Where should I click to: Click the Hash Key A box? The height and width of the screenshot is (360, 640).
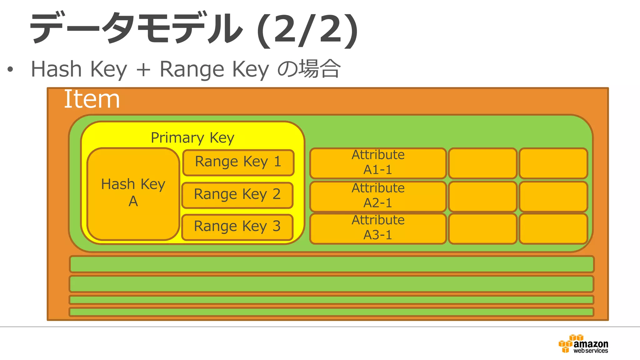click(133, 194)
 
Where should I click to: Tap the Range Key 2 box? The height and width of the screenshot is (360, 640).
click(237, 195)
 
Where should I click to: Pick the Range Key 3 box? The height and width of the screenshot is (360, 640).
click(237, 227)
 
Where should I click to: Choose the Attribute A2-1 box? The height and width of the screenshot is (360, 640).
click(378, 196)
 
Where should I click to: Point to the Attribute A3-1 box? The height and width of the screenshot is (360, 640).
click(378, 228)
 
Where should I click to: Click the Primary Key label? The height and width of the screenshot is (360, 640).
click(192, 138)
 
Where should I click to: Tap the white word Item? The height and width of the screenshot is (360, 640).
click(92, 99)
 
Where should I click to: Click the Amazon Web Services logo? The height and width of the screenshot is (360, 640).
click(583, 344)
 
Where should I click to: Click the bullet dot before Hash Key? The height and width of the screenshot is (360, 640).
click(10, 69)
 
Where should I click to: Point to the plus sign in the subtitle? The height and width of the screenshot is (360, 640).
click(143, 69)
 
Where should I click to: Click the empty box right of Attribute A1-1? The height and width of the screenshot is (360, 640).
click(482, 163)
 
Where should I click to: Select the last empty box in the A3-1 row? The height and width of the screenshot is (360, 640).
click(553, 228)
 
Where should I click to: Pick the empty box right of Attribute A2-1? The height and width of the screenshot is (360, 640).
click(482, 196)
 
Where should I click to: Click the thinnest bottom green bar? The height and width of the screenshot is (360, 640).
click(331, 312)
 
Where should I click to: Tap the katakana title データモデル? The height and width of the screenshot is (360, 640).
click(136, 28)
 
